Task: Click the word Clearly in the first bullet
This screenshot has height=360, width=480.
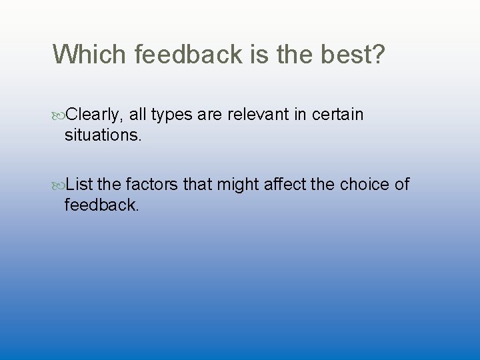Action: coord(95,115)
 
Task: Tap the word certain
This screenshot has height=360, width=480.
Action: coord(337,115)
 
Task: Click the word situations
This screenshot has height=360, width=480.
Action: coord(103,135)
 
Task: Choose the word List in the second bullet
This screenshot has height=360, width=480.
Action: coord(80,184)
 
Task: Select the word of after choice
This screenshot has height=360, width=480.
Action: coord(401,184)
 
